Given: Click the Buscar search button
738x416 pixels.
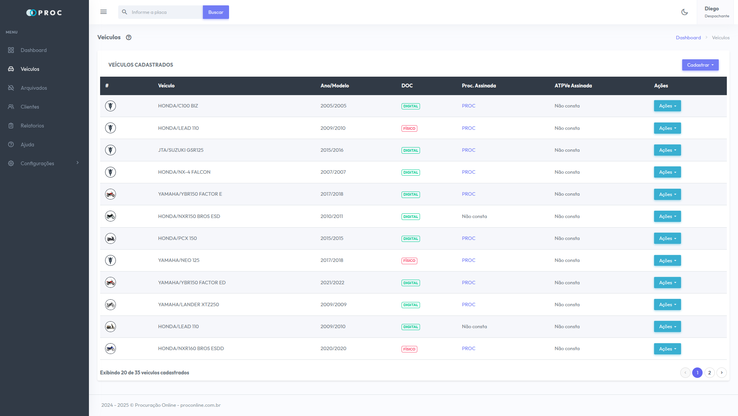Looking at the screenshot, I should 216,12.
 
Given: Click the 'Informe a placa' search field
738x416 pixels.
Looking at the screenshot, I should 166,12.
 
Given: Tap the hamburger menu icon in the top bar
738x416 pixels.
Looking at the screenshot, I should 104,12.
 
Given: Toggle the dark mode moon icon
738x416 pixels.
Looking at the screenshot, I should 684,12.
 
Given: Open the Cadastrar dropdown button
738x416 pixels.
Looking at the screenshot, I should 700,65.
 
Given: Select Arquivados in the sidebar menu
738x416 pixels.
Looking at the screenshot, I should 33,88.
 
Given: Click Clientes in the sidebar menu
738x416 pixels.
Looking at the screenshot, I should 30,107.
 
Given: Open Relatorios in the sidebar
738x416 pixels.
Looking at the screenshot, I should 32,126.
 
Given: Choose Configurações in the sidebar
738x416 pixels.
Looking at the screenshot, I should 37,163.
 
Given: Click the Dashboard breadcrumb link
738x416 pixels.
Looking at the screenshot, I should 688,38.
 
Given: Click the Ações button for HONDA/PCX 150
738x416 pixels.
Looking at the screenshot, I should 667,238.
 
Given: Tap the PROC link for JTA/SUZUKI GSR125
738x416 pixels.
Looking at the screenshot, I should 469,150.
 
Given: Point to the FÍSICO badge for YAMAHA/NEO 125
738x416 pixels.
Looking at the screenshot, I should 409,261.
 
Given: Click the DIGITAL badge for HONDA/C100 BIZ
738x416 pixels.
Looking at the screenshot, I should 410,106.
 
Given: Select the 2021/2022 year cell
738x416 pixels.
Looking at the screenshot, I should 332,283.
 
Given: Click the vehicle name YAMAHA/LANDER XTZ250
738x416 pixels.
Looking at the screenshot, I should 188,305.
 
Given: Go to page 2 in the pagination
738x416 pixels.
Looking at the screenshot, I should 709,373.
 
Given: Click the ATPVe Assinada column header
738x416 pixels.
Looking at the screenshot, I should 573,86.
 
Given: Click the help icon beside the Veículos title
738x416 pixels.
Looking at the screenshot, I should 129,37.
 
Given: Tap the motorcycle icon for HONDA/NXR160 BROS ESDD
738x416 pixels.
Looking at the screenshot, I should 110,349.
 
